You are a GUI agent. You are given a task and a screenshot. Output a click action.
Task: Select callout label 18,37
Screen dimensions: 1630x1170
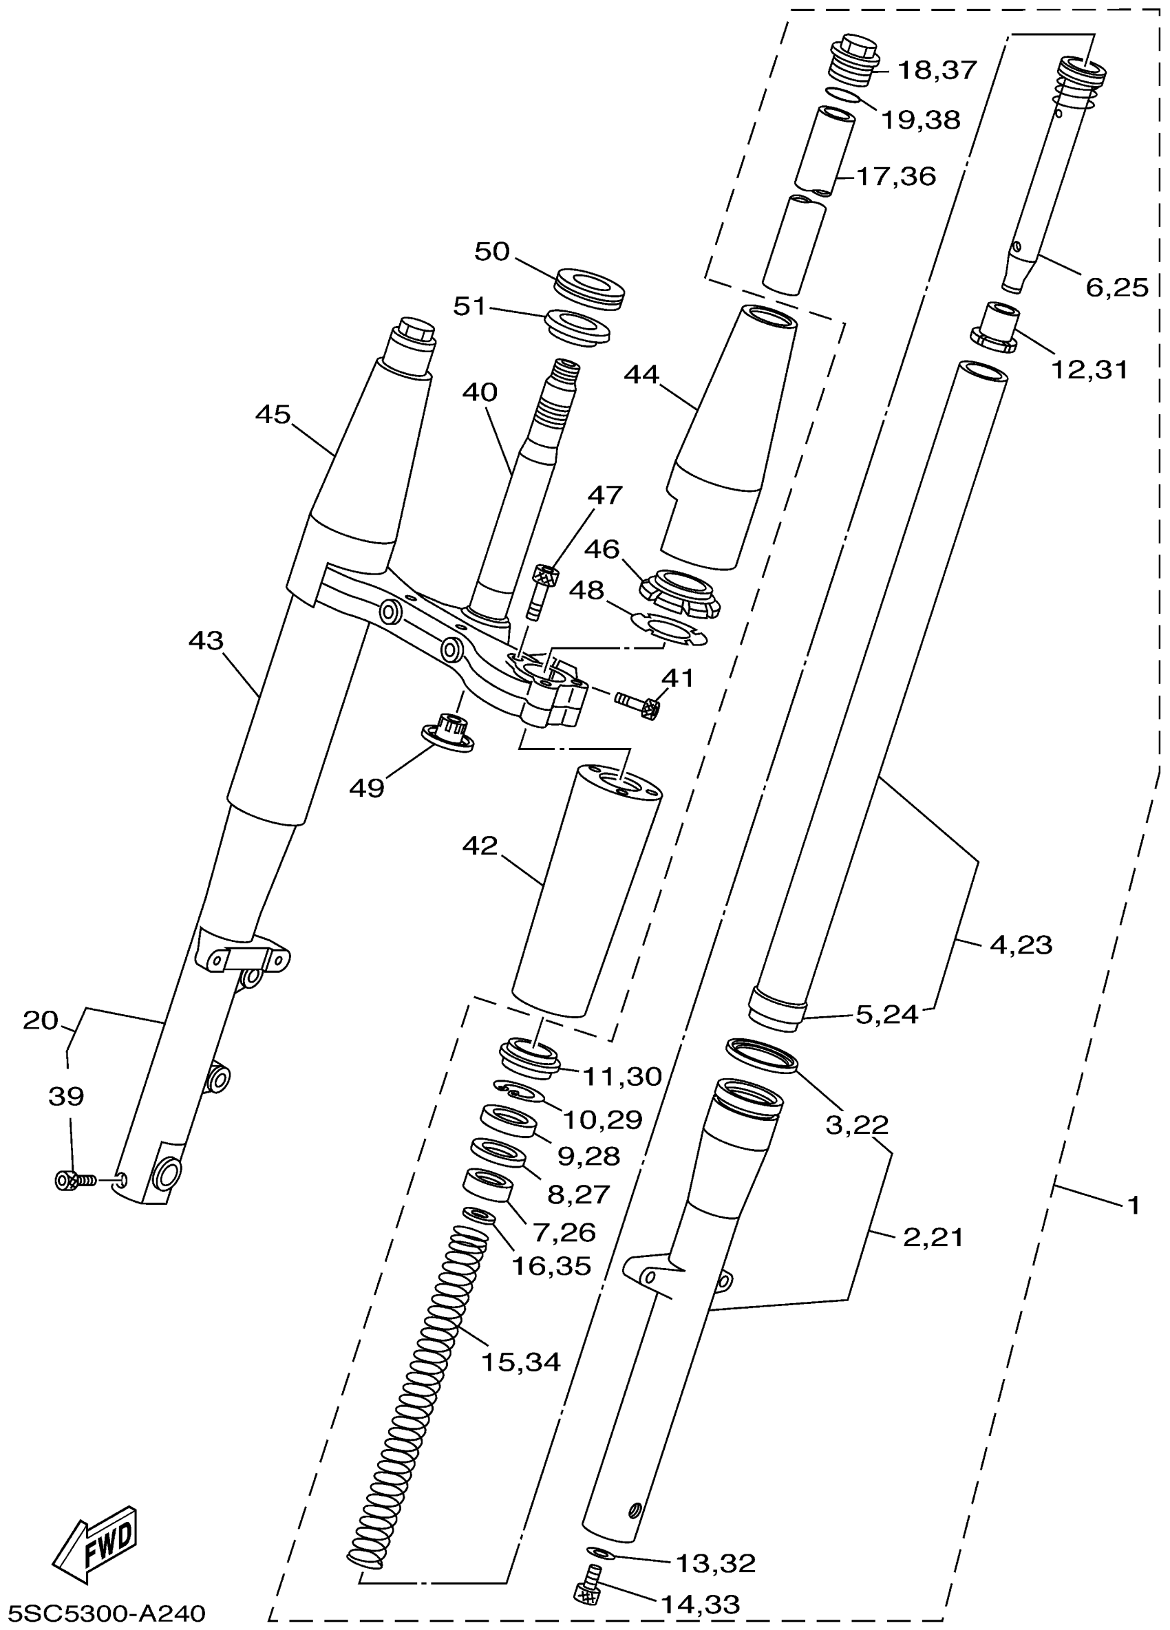[938, 70]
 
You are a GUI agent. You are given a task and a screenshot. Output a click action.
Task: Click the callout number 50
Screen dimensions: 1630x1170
[492, 252]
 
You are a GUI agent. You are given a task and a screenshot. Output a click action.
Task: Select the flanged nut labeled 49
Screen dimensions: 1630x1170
[446, 733]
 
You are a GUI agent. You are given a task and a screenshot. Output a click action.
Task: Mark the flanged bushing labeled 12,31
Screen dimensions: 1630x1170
[995, 328]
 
